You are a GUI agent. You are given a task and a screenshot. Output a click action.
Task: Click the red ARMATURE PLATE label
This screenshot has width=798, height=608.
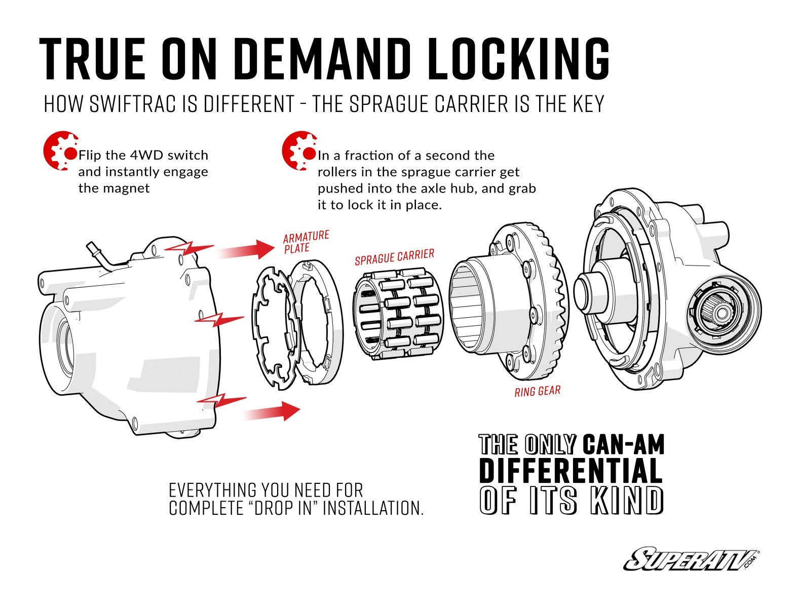306,242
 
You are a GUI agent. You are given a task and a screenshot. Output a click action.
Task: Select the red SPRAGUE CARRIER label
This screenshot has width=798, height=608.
394,257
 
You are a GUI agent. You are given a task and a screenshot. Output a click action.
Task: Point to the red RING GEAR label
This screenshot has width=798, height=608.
537,391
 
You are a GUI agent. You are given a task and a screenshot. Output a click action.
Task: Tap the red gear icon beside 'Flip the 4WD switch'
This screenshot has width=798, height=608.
60,151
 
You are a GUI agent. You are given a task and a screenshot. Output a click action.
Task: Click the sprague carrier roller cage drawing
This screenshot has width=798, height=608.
398,314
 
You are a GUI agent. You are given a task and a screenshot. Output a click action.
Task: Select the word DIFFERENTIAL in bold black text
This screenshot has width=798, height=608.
571,470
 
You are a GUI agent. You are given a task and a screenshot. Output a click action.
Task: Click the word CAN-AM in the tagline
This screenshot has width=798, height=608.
623,445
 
